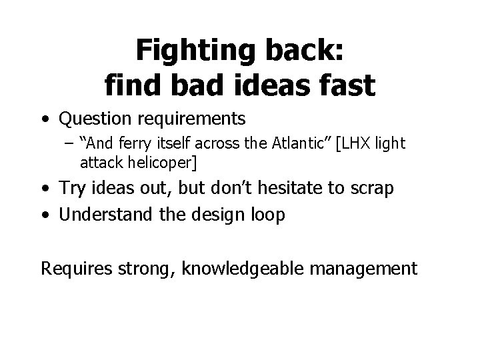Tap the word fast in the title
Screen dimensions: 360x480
coord(344,85)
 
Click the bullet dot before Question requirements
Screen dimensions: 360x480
coord(45,120)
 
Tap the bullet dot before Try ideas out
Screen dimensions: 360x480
coord(45,189)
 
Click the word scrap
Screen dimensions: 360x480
coord(372,189)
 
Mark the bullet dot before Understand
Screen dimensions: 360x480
coord(45,215)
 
